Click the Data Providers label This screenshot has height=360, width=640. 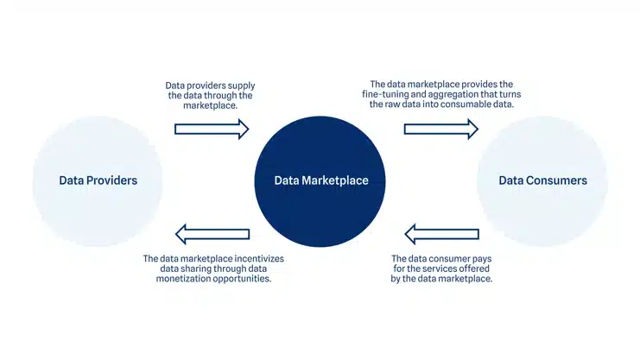coord(98,180)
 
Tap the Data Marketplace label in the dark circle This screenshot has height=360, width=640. coord(321,180)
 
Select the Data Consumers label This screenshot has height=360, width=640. coord(542,180)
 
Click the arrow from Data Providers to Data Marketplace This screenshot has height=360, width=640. coord(212,129)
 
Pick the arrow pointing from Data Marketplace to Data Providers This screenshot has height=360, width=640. coord(212,233)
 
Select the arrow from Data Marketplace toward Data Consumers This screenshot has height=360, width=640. coord(440,129)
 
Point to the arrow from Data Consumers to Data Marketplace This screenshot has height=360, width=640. coord(441,233)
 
